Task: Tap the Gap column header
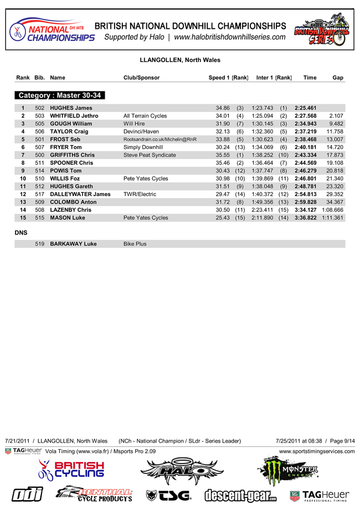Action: (337, 78)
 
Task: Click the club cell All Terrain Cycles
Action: (145, 116)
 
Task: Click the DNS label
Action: (22, 234)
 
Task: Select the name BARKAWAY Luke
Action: (73, 244)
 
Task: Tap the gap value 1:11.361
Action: (332, 218)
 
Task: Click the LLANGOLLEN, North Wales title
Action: (180, 60)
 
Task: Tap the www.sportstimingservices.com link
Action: (317, 451)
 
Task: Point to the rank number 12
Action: (23, 194)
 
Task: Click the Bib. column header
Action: (39, 78)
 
